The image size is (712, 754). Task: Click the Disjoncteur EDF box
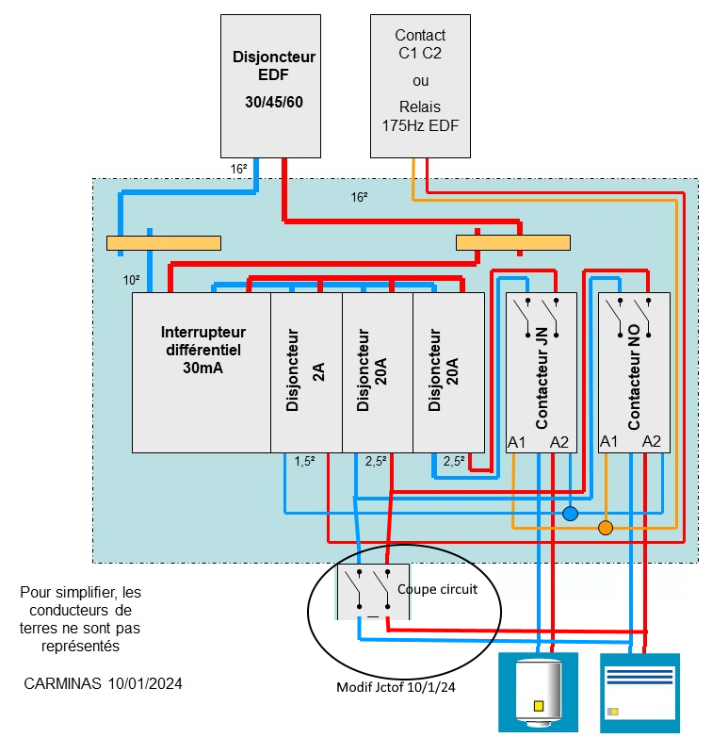(273, 85)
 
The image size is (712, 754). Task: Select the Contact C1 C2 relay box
(420, 85)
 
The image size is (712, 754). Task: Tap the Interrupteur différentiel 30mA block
(202, 372)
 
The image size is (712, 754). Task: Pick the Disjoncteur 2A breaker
(306, 372)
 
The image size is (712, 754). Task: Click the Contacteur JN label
(542, 386)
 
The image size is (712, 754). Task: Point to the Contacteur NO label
(634, 386)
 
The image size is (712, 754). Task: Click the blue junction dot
(570, 514)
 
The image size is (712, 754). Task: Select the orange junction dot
(606, 527)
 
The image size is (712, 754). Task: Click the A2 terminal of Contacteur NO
(652, 441)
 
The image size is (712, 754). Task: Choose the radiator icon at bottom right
(639, 693)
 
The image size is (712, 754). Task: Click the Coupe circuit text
(438, 589)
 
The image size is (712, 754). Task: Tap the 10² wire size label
(132, 281)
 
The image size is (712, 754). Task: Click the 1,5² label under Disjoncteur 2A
(304, 462)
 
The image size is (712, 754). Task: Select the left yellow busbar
(164, 243)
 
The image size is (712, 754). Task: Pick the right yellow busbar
(513, 243)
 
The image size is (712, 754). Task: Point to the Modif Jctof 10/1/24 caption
(396, 687)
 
